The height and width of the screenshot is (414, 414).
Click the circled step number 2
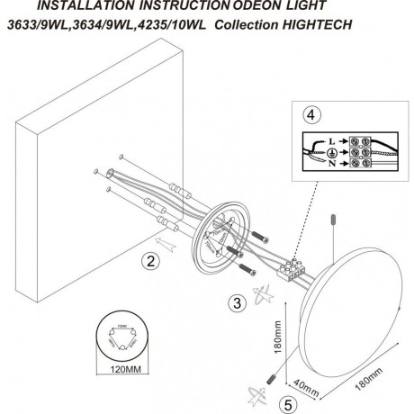pos(149,263)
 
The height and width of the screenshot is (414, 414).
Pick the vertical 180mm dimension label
pos(279,343)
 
